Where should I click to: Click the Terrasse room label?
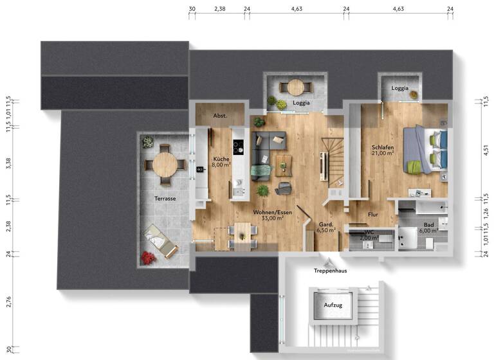tap(165, 199)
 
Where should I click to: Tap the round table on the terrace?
tap(165, 165)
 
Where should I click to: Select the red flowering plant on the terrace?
tap(149, 258)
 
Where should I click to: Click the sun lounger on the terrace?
tap(161, 241)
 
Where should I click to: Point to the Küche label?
tap(221, 159)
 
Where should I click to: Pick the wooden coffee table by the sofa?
tap(283, 165)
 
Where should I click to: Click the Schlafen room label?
tap(383, 147)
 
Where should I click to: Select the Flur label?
tap(373, 215)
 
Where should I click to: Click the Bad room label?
tap(428, 225)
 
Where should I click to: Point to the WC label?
tap(369, 232)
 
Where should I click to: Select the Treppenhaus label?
tap(331, 271)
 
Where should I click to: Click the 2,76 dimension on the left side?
tap(8, 303)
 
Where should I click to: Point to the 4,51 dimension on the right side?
tap(486, 150)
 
